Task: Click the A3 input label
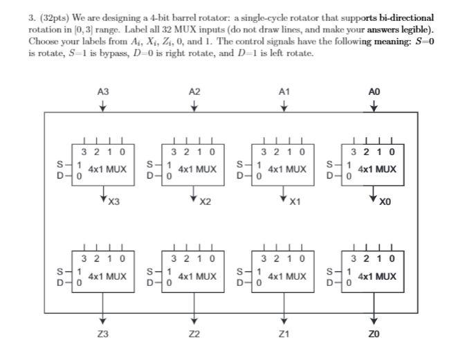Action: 103,91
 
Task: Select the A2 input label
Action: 194,91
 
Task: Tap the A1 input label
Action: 284,91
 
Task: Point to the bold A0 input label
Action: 374,91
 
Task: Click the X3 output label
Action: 113,203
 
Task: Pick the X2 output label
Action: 204,203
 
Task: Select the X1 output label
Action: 294,203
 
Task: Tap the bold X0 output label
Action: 384,203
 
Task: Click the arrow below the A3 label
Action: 103,105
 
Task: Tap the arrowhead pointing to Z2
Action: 194,321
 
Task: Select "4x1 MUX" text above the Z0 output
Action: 378,276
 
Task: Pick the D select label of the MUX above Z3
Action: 60,282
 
